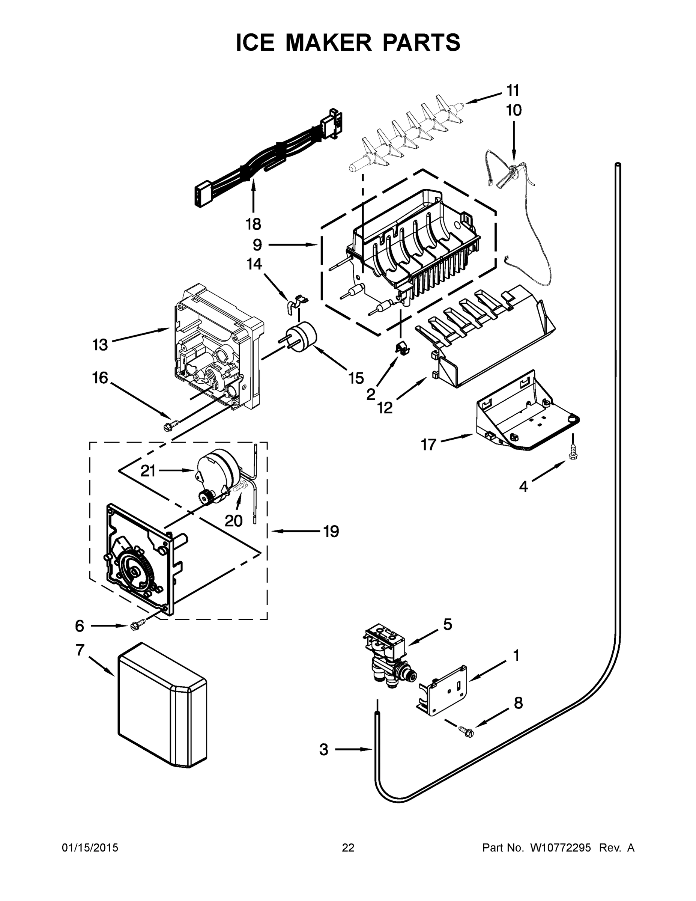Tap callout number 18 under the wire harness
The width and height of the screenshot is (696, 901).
click(x=253, y=224)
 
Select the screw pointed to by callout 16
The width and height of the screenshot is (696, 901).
click(x=171, y=425)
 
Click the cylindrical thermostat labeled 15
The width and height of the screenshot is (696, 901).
click(x=302, y=336)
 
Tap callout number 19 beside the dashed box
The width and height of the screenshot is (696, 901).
click(x=331, y=531)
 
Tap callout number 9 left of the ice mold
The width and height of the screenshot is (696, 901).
click(x=257, y=245)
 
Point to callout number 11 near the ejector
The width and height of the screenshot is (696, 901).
click(x=513, y=90)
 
